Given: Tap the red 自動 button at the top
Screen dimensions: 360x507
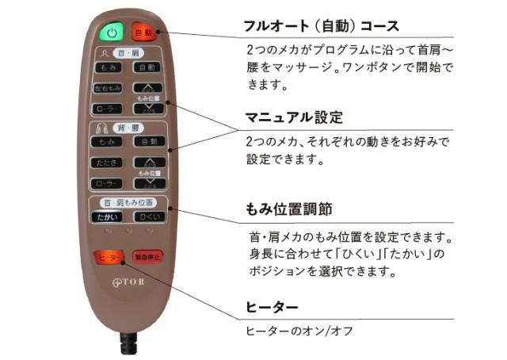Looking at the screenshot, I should pyautogui.click(x=143, y=33).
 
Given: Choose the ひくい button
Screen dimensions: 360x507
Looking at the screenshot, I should pyautogui.click(x=147, y=216).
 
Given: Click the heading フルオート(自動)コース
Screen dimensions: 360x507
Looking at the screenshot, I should pyautogui.click(x=322, y=26).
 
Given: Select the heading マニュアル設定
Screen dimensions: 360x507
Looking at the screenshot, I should pyautogui.click(x=293, y=118).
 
